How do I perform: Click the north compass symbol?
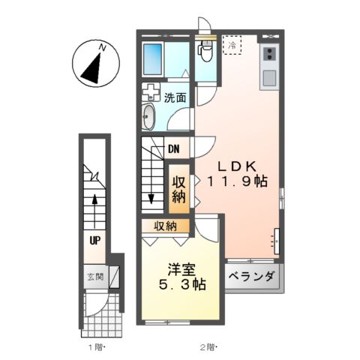[x=94, y=64]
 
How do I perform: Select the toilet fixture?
[x=205, y=50]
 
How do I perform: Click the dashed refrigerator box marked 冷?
[x=232, y=46]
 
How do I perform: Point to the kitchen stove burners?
[x=268, y=54]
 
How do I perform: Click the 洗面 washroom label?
[x=175, y=97]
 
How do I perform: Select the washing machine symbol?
[x=151, y=94]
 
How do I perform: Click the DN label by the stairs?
[x=173, y=148]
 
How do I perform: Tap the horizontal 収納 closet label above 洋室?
[x=166, y=226]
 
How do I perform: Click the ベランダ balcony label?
[x=251, y=276]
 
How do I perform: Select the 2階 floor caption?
[x=207, y=346]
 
